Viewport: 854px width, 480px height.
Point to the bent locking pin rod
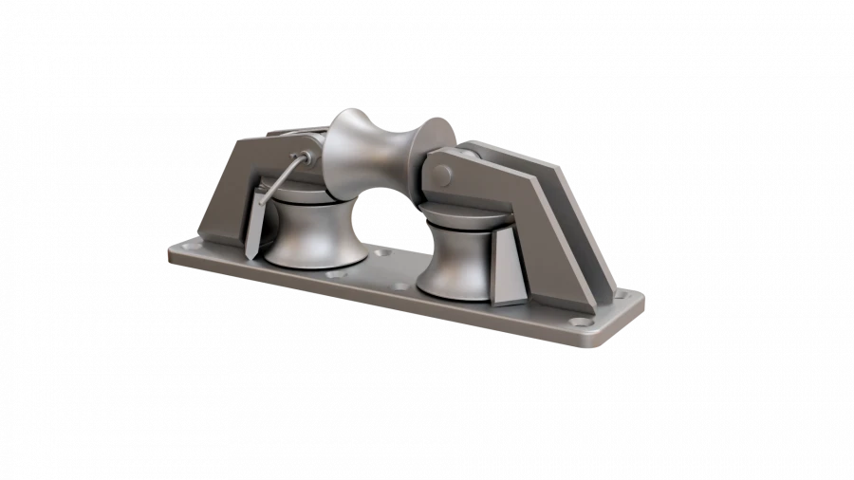click(x=277, y=180)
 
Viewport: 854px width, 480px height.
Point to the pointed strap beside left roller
click(x=253, y=223)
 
